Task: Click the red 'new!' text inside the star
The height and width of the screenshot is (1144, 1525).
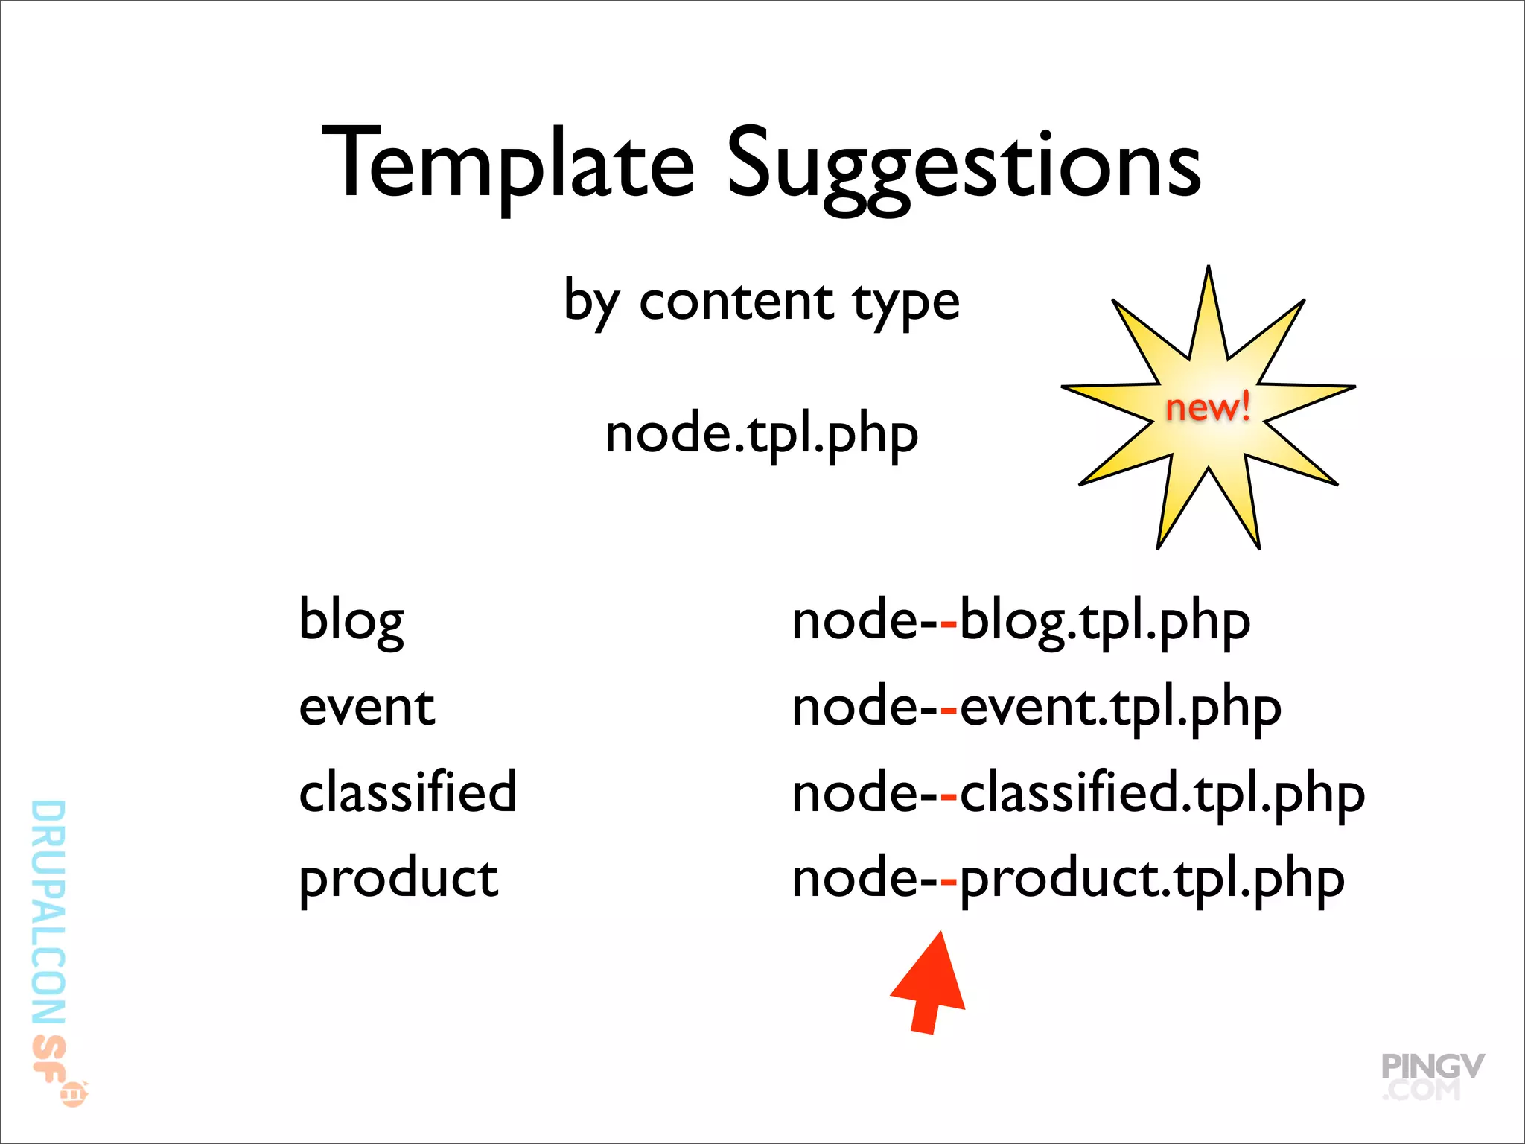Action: [x=1207, y=408]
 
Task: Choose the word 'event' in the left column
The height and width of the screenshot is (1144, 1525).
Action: [x=366, y=708]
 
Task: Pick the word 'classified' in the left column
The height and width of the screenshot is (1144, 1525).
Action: [x=407, y=792]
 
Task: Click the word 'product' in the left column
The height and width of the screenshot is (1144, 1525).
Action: [x=398, y=879]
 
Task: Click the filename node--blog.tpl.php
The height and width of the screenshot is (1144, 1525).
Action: [x=1020, y=621]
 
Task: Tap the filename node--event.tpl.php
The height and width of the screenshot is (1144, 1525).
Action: [x=1036, y=708]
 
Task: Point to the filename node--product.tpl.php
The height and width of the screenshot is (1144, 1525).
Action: [x=1067, y=880]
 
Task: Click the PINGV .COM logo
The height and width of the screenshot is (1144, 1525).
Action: [x=1431, y=1077]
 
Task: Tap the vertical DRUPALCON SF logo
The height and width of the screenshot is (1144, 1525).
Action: [x=51, y=946]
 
